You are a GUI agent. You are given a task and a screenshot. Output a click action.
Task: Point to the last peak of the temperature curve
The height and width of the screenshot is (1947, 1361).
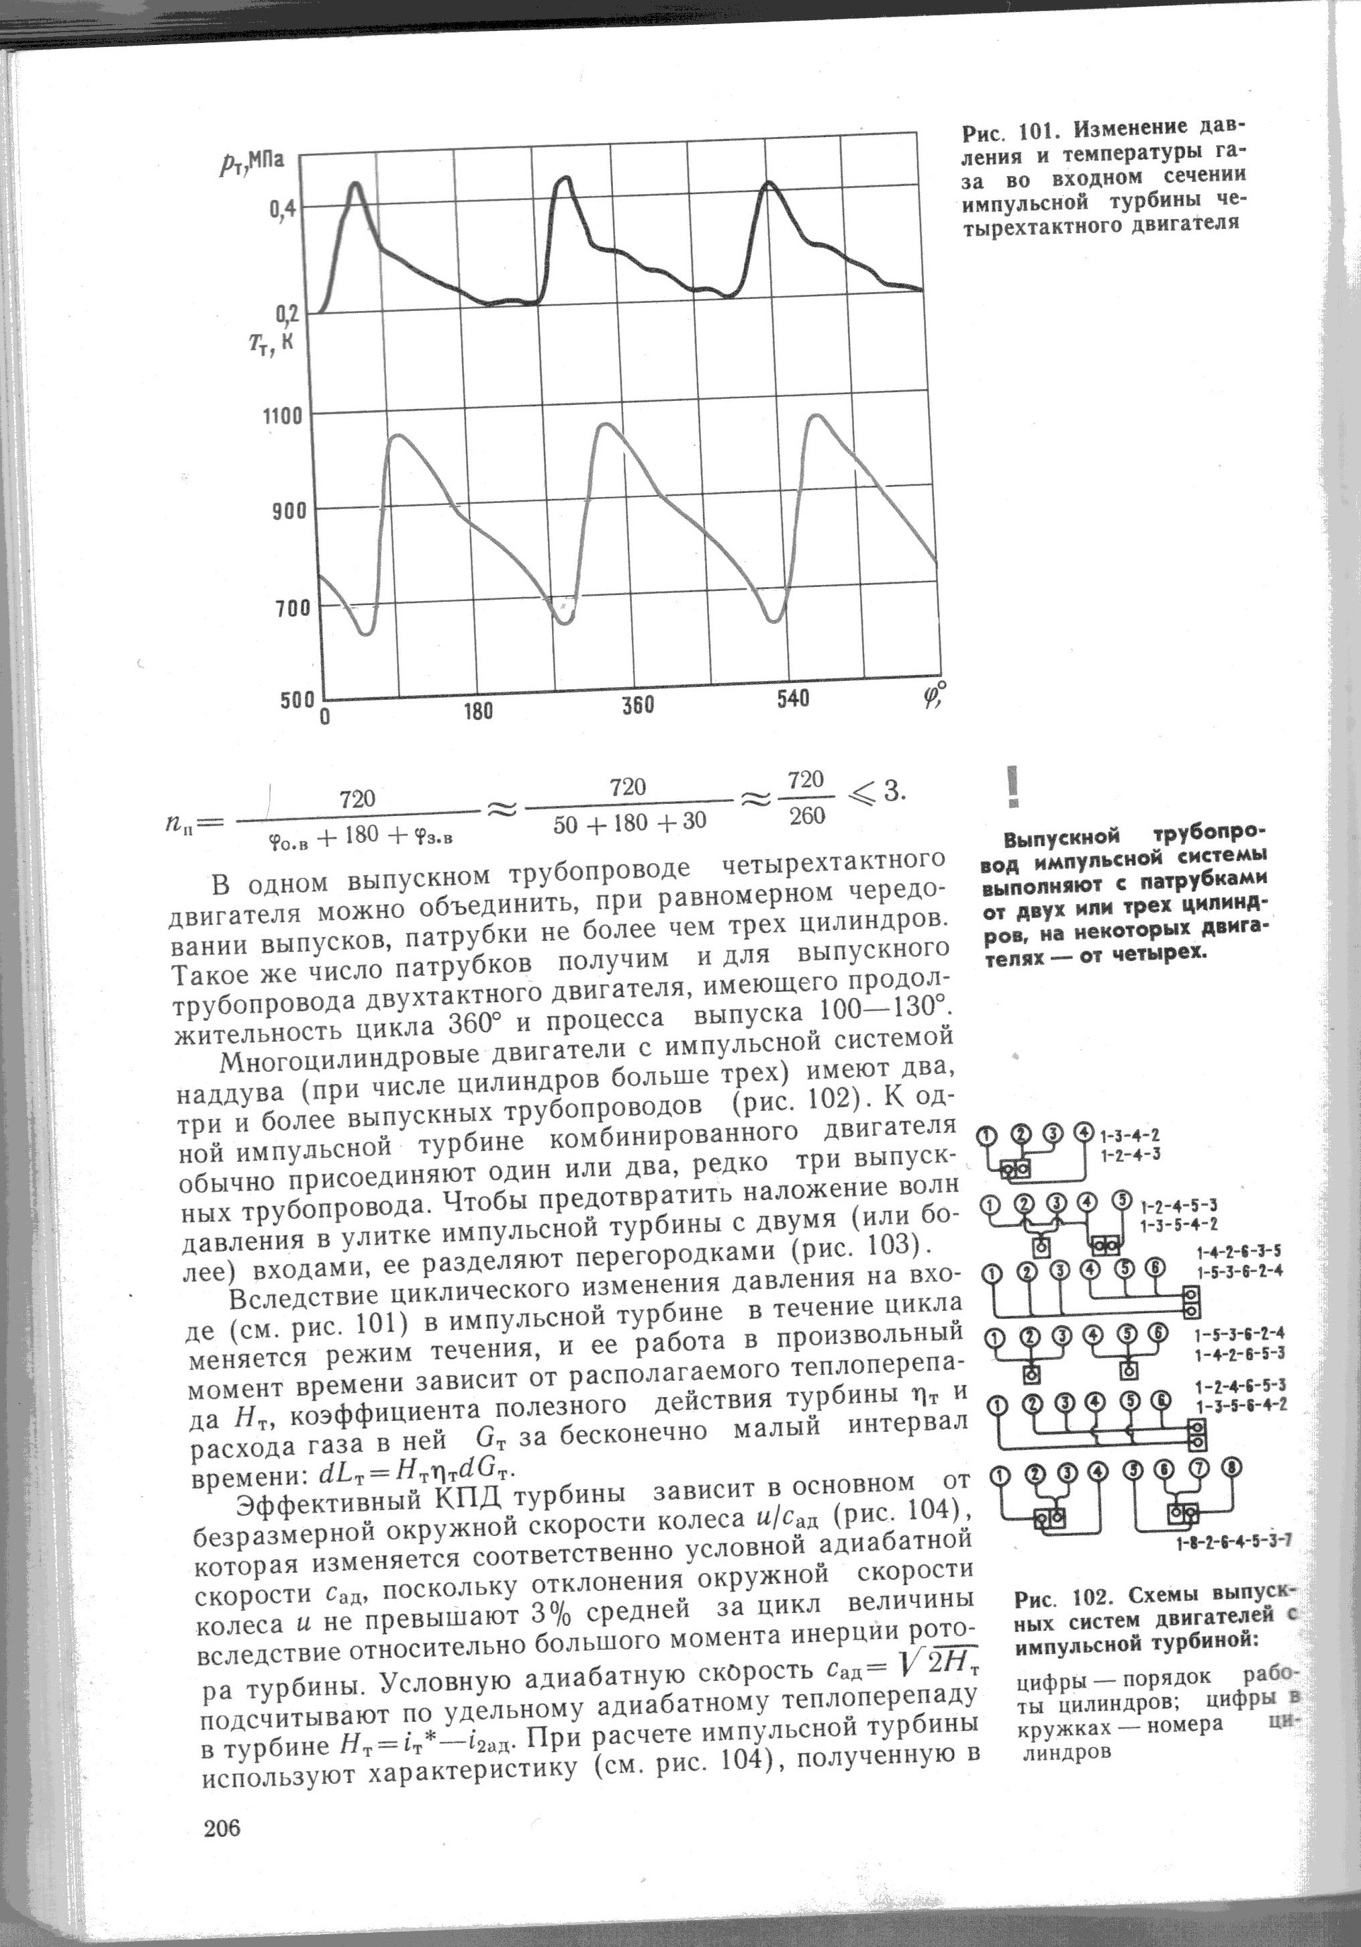814,416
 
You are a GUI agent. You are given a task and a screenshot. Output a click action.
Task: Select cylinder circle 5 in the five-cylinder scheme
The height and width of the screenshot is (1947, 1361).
1122,1200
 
